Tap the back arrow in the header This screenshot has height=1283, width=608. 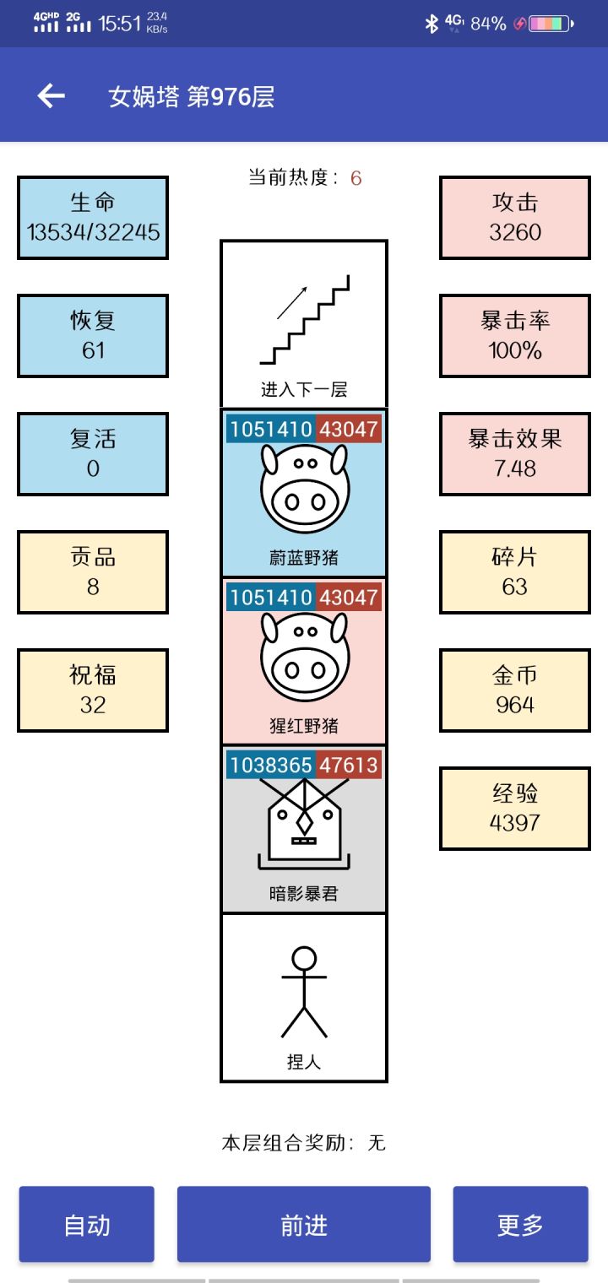(x=51, y=96)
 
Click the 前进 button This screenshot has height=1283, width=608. (x=304, y=1225)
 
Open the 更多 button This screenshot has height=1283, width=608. (x=520, y=1225)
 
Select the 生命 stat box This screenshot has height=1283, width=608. (x=93, y=218)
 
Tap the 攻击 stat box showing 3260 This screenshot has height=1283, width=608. (x=515, y=218)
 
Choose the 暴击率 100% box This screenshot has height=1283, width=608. (x=515, y=336)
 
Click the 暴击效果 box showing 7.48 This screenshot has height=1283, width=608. (x=515, y=454)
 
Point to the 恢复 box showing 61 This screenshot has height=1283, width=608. (x=93, y=336)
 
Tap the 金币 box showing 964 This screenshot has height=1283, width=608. (x=515, y=690)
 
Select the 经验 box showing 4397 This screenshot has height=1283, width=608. (x=515, y=809)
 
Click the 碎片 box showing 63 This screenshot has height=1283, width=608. (x=515, y=572)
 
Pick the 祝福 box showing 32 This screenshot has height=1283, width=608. (x=93, y=690)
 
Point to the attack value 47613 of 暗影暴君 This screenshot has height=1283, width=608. (x=348, y=766)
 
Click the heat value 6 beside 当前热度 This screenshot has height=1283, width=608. (x=356, y=178)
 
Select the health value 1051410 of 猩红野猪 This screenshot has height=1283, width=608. (x=271, y=598)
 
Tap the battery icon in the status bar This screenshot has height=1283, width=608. (x=550, y=24)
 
